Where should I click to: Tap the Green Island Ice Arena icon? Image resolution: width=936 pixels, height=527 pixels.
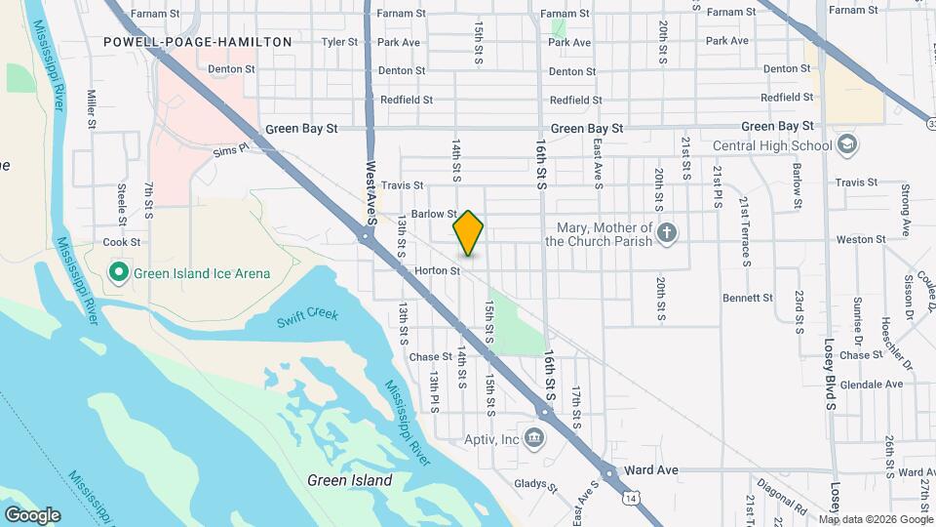click(119, 273)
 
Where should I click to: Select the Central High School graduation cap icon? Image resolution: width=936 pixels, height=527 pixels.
click(847, 145)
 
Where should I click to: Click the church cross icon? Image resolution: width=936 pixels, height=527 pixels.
click(667, 233)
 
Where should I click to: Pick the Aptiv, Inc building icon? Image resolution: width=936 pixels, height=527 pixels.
click(533, 437)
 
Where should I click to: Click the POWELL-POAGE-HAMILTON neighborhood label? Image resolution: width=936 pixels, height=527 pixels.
click(197, 42)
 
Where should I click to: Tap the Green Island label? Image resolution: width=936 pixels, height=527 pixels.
click(349, 480)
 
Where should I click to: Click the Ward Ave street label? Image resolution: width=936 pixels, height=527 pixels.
click(653, 470)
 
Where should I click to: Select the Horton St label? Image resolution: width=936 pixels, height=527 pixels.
click(436, 270)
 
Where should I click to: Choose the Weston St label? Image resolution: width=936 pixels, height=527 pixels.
click(861, 239)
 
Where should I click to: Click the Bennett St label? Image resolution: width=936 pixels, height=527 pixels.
click(747, 298)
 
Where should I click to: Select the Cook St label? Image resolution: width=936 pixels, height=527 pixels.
click(122, 242)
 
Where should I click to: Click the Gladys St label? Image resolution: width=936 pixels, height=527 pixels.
click(534, 483)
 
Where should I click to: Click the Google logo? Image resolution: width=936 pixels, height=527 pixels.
click(32, 514)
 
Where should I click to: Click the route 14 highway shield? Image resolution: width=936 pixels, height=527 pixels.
click(633, 498)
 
